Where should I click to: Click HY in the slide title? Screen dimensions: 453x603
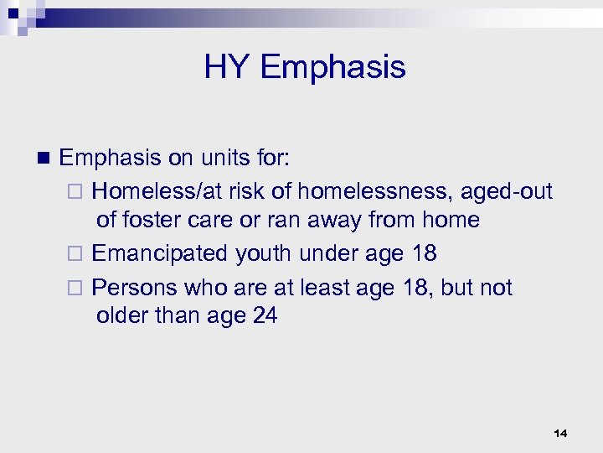[227, 67]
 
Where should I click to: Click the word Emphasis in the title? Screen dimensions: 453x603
[332, 67]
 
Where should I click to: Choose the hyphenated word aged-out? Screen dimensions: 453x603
[508, 191]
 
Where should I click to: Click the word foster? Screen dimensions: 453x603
[157, 221]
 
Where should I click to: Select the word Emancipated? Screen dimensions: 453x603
[160, 253]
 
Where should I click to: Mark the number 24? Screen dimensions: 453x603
[263, 316]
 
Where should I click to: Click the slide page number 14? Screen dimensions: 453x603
[560, 433]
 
